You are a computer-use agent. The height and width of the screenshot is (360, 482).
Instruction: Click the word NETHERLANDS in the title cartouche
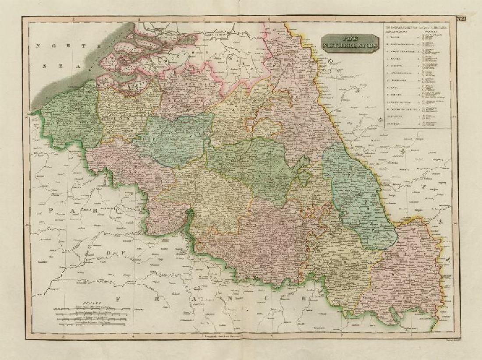point(350,45)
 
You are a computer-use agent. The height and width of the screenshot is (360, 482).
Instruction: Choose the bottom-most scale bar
point(92,326)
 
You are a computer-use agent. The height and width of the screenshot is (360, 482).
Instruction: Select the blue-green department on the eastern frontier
point(357,193)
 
